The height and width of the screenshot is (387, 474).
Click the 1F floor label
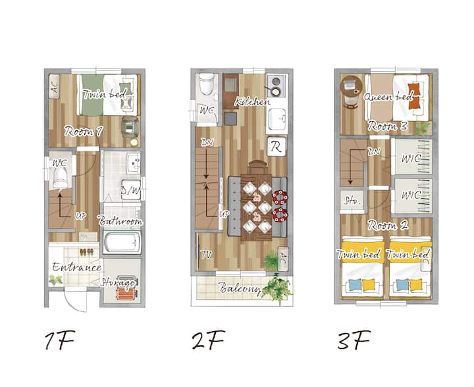click(x=59, y=340)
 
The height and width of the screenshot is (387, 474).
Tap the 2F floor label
click(x=209, y=340)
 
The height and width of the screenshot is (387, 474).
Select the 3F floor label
click(x=354, y=340)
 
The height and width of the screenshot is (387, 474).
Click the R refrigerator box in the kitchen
click(x=276, y=147)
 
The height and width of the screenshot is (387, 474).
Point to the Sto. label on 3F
click(x=352, y=201)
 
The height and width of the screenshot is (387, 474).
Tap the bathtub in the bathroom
click(x=122, y=242)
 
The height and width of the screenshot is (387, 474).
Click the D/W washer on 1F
click(x=131, y=190)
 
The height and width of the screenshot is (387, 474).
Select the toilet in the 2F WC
click(x=207, y=84)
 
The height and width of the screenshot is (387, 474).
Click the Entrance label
click(x=76, y=267)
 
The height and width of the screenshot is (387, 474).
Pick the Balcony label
click(x=240, y=288)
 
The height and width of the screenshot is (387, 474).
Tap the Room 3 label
click(x=388, y=126)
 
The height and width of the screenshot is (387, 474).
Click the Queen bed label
click(x=388, y=97)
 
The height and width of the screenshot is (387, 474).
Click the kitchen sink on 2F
click(x=277, y=119)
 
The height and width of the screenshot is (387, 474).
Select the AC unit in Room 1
click(x=55, y=86)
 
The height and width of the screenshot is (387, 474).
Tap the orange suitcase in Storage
click(x=126, y=294)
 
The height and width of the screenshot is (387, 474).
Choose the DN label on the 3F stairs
click(x=374, y=151)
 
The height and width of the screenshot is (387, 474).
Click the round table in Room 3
click(x=352, y=86)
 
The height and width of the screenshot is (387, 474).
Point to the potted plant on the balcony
click(x=276, y=288)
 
